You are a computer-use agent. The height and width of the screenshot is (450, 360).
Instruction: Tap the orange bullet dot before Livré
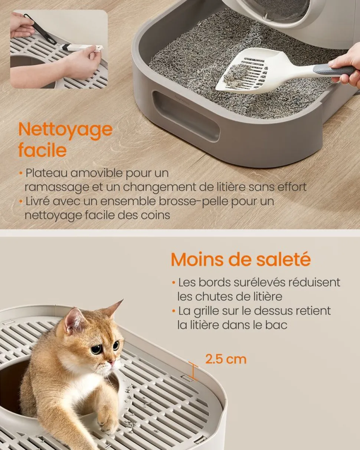click(21, 202)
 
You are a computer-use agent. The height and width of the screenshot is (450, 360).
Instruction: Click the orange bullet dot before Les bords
click(173, 283)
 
